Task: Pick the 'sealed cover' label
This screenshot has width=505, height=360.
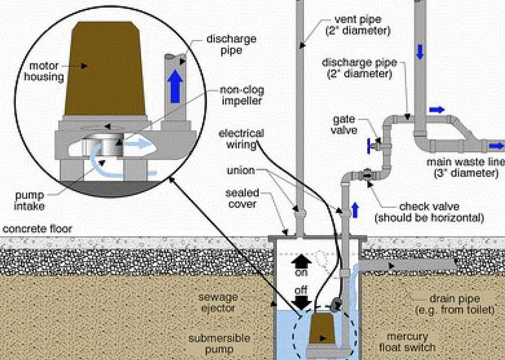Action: [x=242, y=198]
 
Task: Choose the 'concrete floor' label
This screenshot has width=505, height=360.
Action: [x=38, y=229]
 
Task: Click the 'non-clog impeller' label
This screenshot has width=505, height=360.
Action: [x=242, y=96]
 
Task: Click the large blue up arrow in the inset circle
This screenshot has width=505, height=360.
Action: [x=177, y=85]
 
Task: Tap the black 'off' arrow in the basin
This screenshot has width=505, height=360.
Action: [x=302, y=302]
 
